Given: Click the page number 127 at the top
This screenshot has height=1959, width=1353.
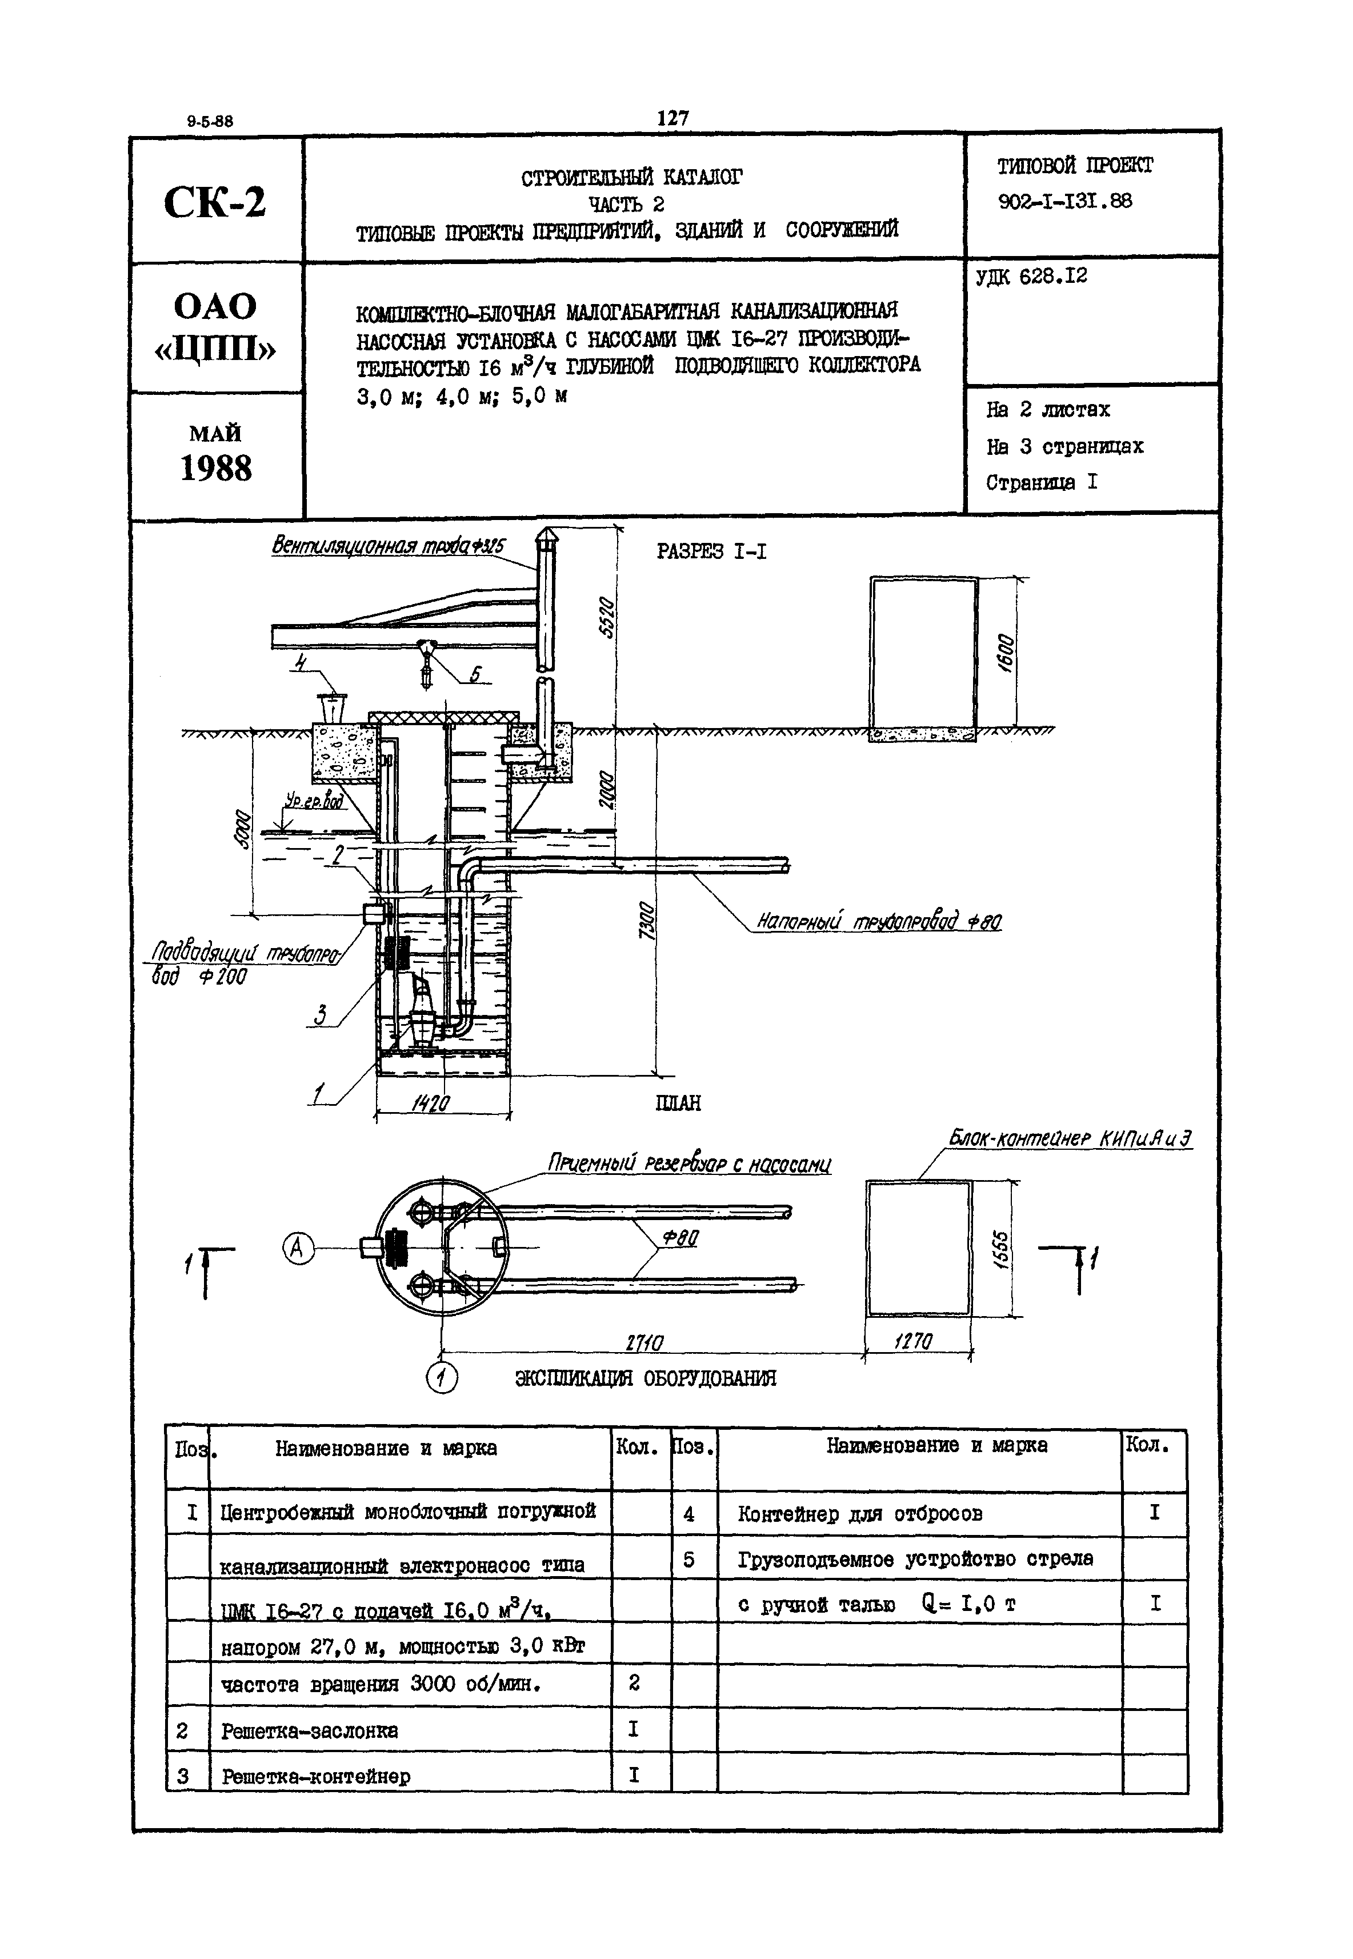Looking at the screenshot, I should pos(673,118).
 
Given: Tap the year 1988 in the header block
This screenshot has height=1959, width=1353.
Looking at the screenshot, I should pos(215,469).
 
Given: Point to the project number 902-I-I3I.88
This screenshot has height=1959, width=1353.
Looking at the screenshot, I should pos(1065,201).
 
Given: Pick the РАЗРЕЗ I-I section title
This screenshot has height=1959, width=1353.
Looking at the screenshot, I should pos(711,552).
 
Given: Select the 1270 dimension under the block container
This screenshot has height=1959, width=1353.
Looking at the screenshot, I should pos(913,1342).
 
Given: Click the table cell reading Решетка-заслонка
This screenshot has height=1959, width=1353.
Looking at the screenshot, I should pos(310,1730).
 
